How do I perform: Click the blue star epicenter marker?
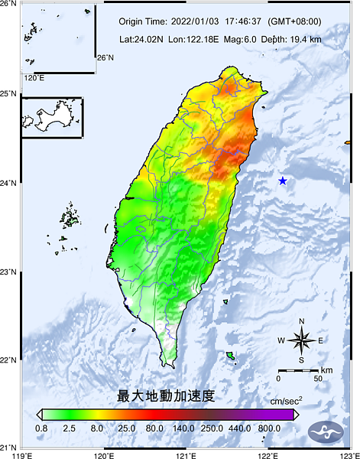click(283, 181)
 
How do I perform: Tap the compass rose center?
click(301, 340)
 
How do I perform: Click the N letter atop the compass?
click(301, 321)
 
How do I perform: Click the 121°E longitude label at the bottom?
click(186, 454)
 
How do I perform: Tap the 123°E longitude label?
click(349, 454)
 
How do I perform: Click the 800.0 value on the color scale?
click(268, 429)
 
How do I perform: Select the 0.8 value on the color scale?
click(42, 429)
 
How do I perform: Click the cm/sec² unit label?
click(286, 400)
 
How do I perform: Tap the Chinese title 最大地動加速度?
click(166, 396)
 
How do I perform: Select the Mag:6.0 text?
click(241, 38)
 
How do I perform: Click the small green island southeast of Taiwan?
click(230, 356)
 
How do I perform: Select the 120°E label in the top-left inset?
click(34, 77)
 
